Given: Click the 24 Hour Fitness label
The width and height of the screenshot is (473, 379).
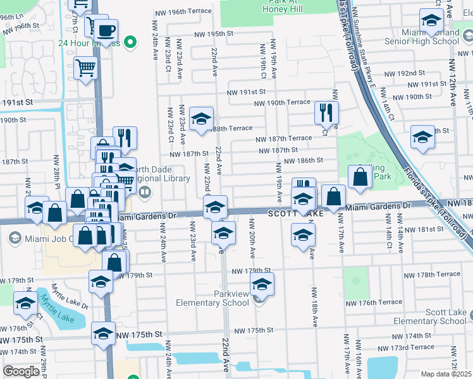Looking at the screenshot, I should [89, 43].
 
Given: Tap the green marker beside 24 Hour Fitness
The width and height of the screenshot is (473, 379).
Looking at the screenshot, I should [130, 43].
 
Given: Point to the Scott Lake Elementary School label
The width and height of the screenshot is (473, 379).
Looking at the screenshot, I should [438, 317].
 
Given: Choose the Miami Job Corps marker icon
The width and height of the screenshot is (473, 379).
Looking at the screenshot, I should [15, 238].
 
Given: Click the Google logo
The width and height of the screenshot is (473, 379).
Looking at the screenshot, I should [21, 371].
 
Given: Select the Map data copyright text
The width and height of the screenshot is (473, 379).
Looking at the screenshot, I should [445, 374].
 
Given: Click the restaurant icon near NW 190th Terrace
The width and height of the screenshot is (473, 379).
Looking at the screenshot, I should [326, 113].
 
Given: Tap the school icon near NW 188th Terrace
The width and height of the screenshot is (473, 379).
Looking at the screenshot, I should [202, 119].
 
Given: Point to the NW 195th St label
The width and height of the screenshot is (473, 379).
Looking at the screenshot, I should [214, 33].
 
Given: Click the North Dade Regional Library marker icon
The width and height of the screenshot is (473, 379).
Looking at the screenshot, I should [145, 192].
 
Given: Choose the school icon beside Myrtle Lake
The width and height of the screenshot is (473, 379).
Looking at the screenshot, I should [26, 304].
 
